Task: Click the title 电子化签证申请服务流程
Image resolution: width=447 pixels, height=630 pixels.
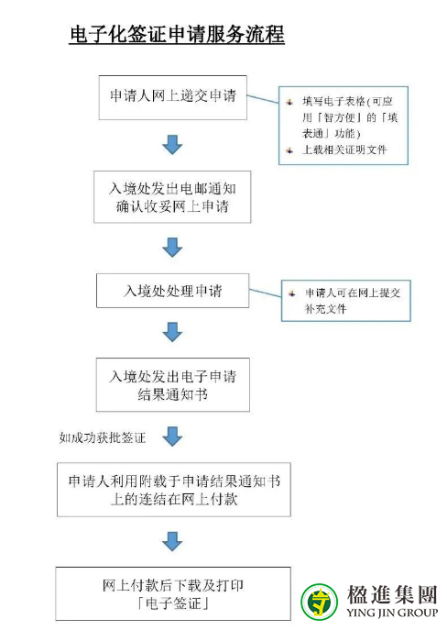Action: [x=177, y=34]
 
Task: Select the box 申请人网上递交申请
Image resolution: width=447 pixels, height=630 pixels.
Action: [x=172, y=97]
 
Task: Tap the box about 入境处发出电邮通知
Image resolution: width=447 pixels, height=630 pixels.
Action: [x=172, y=197]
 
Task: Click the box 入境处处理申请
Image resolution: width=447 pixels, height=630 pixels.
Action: [x=172, y=291]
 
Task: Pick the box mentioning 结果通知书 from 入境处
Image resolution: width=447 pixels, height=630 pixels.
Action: [x=172, y=384]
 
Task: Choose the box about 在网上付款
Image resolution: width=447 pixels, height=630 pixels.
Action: [x=174, y=490]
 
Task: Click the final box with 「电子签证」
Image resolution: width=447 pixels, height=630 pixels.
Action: [x=173, y=594]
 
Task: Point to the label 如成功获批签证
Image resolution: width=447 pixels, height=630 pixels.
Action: [x=103, y=437]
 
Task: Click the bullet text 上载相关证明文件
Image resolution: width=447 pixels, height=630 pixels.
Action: [x=344, y=149]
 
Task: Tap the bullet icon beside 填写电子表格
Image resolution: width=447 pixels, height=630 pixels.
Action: [x=289, y=102]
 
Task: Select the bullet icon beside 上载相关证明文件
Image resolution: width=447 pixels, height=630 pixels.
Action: [x=289, y=150]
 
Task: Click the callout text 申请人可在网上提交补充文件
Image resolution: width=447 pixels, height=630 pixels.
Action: [x=353, y=301]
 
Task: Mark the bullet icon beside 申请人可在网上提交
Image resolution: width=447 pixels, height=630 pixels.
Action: [x=292, y=293]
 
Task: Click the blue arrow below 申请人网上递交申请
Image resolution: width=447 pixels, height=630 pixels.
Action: [x=172, y=145]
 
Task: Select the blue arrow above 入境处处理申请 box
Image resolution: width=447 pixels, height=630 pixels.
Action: [x=172, y=247]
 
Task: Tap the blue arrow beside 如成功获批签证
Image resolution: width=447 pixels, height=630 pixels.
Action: [x=172, y=437]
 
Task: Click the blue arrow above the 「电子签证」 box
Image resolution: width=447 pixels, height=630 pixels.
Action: [x=172, y=541]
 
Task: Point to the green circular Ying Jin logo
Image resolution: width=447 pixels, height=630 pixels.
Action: [x=319, y=602]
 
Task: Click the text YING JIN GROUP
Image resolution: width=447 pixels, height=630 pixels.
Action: [x=392, y=613]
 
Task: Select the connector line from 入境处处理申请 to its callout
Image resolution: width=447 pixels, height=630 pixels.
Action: [x=266, y=293]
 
